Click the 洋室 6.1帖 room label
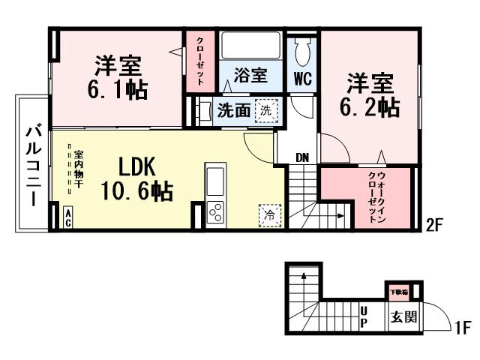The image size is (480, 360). [115, 77]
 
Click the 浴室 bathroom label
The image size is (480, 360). [250, 75]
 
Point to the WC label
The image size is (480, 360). [303, 77]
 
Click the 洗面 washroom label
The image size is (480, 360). [233, 111]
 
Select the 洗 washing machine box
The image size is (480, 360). [266, 109]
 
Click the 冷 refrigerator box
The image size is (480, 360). [268, 215]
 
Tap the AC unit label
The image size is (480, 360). [67, 218]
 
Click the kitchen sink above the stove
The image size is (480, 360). [214, 180]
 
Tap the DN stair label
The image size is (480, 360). [301, 157]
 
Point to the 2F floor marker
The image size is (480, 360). [435, 223]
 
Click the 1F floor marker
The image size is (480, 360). [462, 328]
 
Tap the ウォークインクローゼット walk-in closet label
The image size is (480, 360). [376, 196]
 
